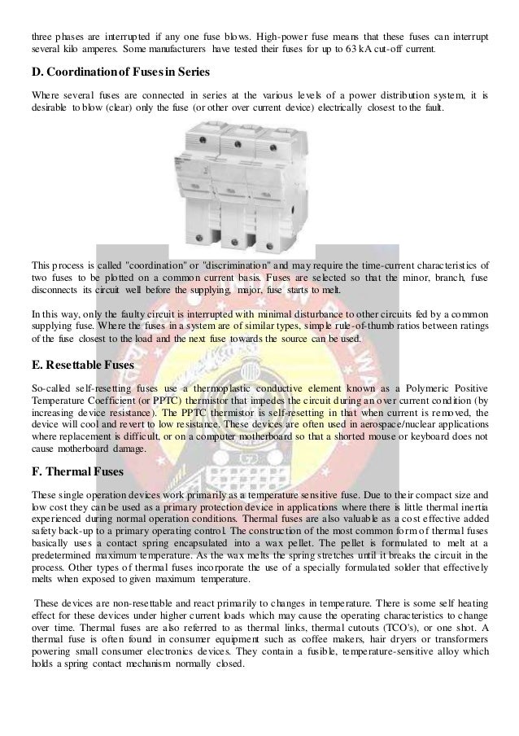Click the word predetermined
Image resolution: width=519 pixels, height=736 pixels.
63,552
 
